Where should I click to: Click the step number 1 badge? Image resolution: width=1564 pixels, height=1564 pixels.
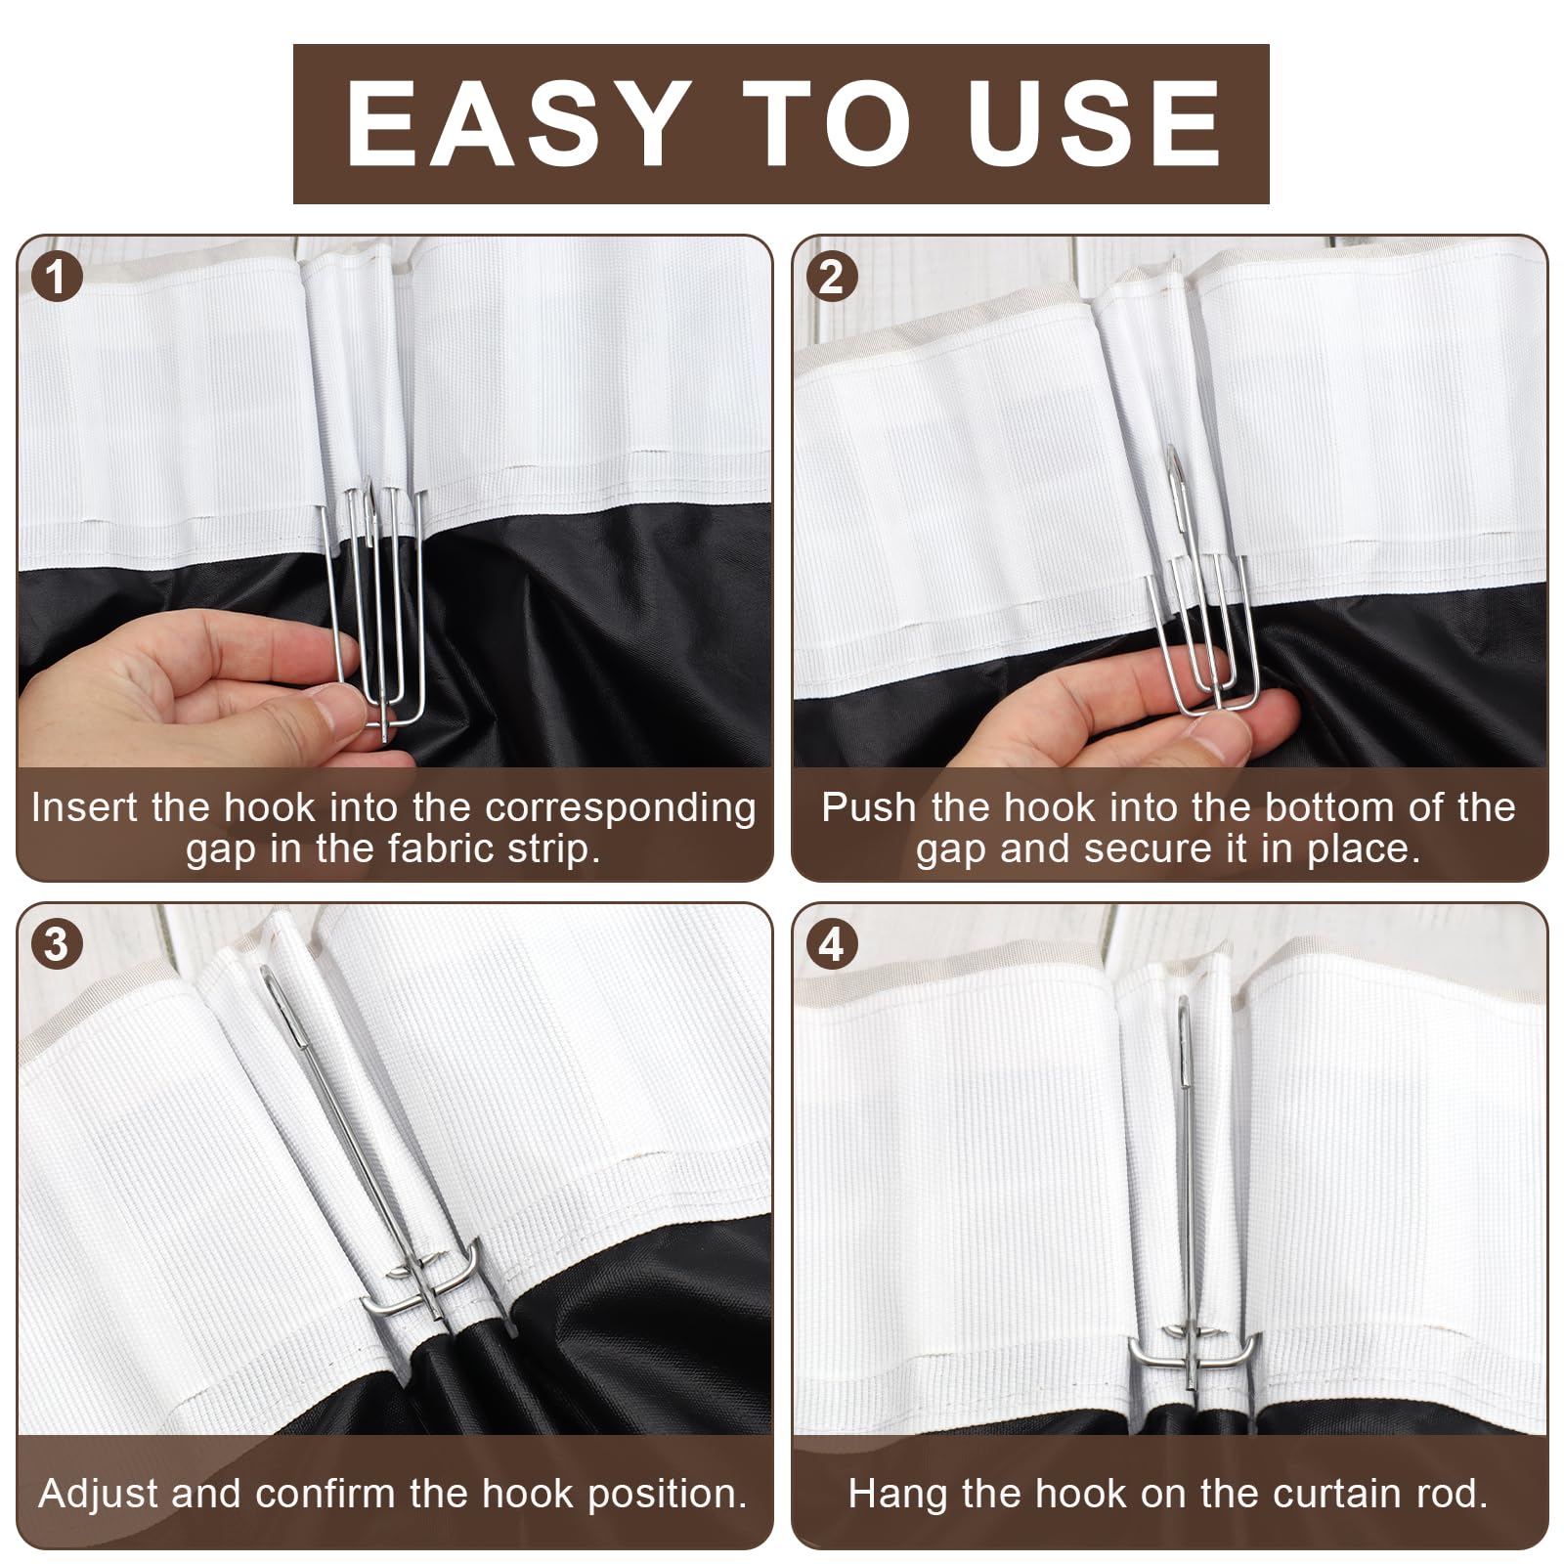(x=57, y=278)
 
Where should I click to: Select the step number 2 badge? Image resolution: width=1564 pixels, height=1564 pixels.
(x=831, y=278)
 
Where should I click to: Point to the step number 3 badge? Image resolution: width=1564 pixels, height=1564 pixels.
(x=57, y=945)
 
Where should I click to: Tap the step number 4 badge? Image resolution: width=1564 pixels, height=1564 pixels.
(x=831, y=945)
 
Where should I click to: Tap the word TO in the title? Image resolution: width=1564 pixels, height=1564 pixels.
(x=826, y=123)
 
